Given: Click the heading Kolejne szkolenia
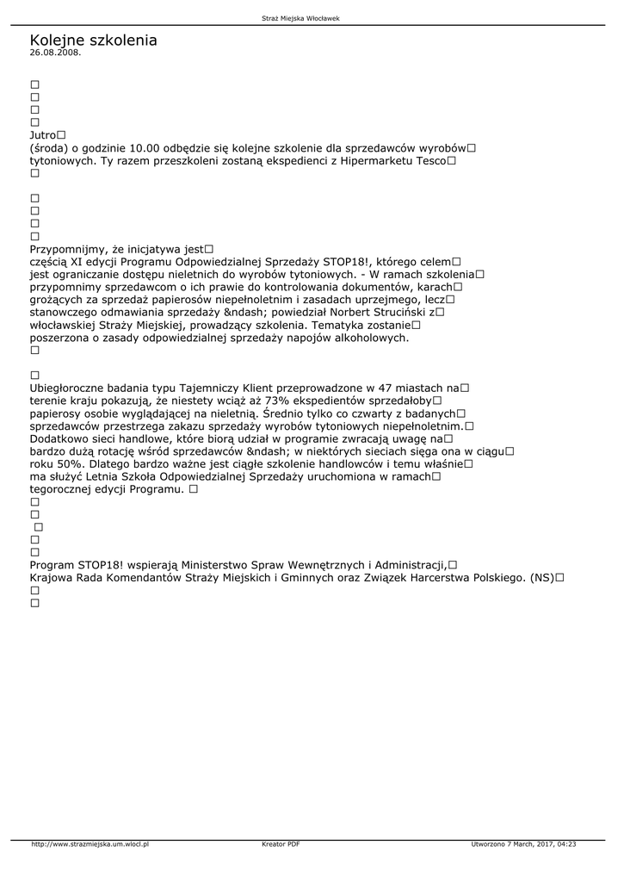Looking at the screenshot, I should (x=93, y=40).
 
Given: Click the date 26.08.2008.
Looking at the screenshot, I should (x=55, y=53).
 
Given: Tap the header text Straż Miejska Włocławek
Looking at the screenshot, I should (x=312, y=18).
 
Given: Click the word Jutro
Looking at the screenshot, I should (x=43, y=135).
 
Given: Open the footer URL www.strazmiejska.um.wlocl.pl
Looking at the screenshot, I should (x=90, y=844).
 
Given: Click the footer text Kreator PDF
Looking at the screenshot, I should (x=281, y=844).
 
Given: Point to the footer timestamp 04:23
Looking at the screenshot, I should (x=566, y=844).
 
